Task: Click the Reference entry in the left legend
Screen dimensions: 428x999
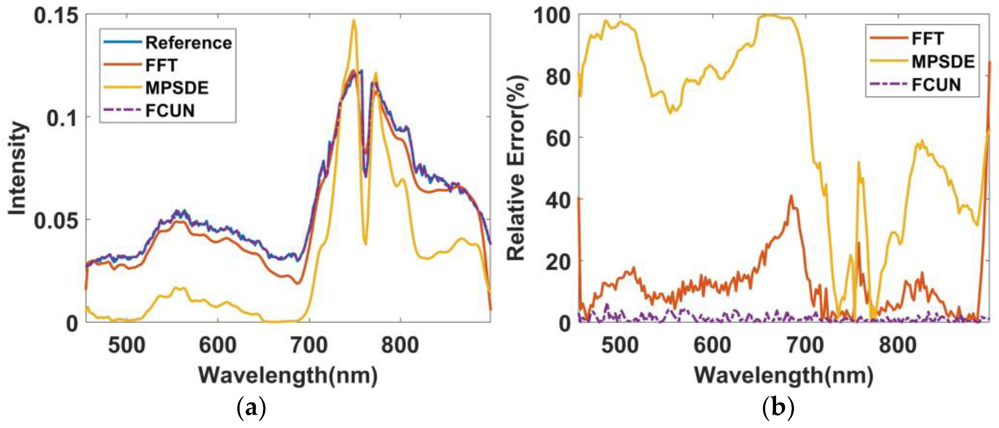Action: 188,43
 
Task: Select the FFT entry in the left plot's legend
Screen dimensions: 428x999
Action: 161,65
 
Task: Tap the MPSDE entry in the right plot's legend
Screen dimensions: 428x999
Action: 943,62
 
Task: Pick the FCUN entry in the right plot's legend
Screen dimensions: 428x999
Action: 936,85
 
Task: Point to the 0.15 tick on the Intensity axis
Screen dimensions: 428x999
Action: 56,16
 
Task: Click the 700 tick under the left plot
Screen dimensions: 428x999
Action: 309,345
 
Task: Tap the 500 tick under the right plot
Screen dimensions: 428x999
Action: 620,345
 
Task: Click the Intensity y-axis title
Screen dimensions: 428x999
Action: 17,168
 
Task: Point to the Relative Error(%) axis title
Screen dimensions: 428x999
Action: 517,168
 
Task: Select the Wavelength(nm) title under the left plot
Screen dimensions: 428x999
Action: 288,375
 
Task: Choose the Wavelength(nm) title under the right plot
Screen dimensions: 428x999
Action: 783,375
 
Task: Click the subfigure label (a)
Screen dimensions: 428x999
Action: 251,408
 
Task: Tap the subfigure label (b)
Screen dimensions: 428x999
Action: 778,408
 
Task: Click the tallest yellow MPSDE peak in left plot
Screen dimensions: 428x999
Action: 353,20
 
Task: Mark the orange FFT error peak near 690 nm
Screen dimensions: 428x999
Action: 791,196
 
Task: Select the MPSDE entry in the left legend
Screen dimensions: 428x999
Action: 177,88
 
